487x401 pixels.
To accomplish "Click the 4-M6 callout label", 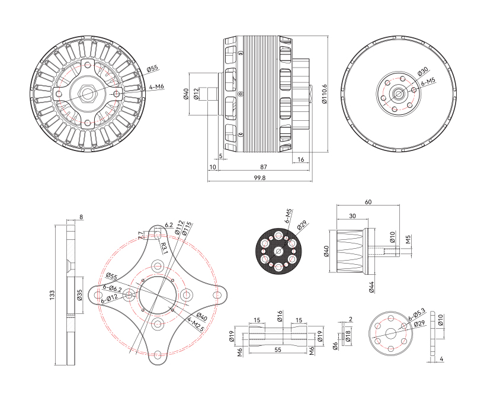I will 157,87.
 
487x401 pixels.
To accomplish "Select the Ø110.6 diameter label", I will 324,95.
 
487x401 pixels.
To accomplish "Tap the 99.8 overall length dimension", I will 259,178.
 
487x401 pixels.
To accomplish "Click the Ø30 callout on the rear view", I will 422,72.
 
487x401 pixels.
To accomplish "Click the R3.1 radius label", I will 164,248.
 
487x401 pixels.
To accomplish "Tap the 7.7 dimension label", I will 140,235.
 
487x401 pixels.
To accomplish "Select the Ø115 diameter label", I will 187,228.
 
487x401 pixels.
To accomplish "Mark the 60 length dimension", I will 368,202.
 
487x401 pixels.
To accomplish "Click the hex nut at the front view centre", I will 88,93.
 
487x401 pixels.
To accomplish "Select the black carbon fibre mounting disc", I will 278,251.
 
